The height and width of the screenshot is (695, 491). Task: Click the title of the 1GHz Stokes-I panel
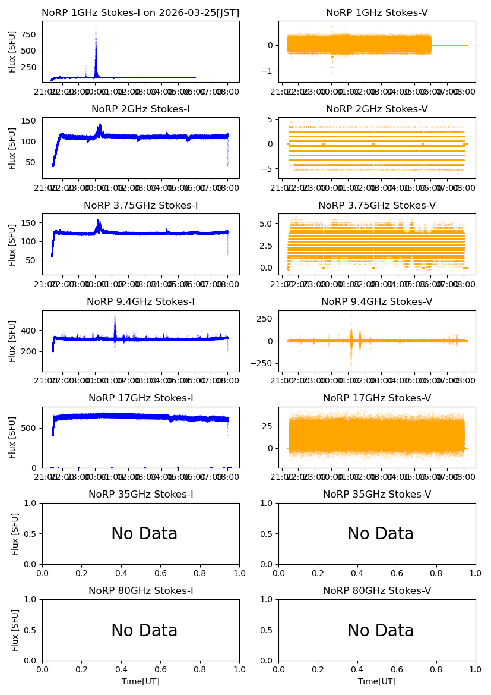(141, 13)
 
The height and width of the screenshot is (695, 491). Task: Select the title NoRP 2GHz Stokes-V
(376, 109)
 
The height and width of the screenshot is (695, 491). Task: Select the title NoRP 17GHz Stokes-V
(376, 398)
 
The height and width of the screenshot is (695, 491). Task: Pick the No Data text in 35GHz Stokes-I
(144, 534)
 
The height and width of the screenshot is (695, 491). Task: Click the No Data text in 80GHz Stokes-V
(380, 630)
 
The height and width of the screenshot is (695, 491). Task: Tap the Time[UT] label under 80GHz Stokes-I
(141, 681)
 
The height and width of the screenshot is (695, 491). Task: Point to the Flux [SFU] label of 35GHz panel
(15, 533)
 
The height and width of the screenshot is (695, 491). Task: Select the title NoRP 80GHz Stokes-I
(141, 591)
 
